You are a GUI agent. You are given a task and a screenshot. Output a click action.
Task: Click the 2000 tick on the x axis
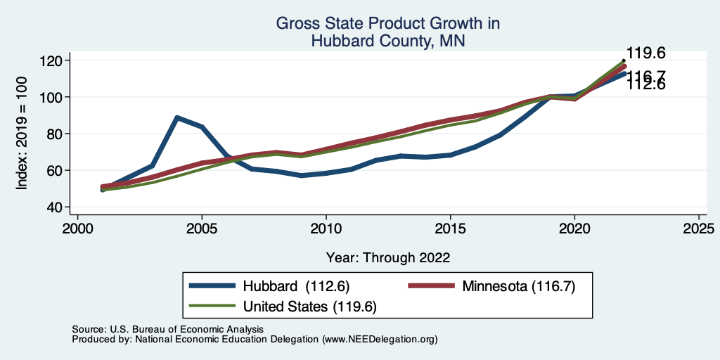77,229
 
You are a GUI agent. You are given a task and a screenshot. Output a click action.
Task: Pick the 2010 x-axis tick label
326,229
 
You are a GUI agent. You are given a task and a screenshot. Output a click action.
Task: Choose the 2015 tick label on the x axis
450,229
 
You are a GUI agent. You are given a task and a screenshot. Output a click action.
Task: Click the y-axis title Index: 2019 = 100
22,134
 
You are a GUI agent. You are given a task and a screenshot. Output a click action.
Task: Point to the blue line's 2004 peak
177,117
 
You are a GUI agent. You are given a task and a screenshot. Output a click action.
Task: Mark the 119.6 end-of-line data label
645,53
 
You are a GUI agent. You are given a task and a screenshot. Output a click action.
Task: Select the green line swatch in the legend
212,307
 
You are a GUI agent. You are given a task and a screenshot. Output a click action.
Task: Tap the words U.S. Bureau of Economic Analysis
185,329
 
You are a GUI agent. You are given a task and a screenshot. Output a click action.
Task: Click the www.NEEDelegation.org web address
380,339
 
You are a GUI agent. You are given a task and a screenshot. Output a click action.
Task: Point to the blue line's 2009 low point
302,175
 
